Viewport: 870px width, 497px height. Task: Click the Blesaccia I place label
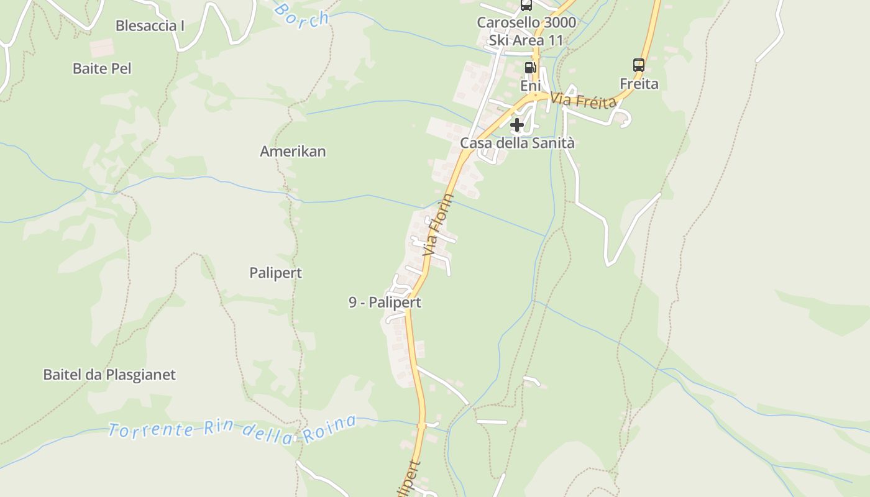point(150,25)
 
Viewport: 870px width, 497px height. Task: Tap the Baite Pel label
point(102,68)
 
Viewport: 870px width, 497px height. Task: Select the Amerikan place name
point(293,151)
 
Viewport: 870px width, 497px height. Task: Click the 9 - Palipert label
point(385,303)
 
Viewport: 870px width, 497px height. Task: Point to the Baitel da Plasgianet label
point(109,375)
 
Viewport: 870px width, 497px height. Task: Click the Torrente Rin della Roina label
point(232,430)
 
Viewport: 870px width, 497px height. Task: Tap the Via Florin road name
point(438,226)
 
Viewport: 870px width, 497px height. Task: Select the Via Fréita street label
point(584,99)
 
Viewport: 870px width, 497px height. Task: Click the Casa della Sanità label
point(517,143)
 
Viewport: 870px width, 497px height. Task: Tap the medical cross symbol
point(516,125)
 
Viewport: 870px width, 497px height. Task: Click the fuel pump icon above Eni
point(530,67)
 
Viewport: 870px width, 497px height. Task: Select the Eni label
point(530,86)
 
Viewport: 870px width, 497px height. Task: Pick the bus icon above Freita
point(639,65)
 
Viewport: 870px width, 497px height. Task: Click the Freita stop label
point(639,83)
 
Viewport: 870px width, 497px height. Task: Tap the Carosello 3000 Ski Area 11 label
point(526,31)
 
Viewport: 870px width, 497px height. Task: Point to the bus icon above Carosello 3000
point(526,6)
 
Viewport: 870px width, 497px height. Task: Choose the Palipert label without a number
point(275,273)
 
